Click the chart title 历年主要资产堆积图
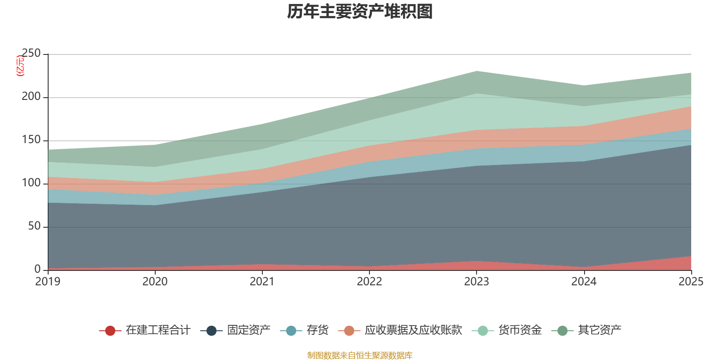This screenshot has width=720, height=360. (x=360, y=12)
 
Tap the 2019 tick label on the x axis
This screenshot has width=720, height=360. (x=48, y=282)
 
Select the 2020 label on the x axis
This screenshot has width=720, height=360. (x=155, y=282)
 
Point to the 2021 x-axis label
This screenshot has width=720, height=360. (x=262, y=282)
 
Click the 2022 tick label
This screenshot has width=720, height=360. (x=369, y=282)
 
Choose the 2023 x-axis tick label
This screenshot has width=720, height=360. (x=477, y=282)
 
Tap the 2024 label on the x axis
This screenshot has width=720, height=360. (x=584, y=282)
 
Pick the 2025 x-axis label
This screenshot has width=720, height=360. (x=691, y=282)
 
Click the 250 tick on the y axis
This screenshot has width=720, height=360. (x=31, y=54)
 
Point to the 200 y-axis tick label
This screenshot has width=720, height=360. (x=31, y=97)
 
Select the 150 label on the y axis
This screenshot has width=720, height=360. (x=31, y=140)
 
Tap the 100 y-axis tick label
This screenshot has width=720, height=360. (x=31, y=183)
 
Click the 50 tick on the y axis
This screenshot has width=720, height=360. (x=34, y=226)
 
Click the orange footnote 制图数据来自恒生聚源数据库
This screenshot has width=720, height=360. (x=360, y=355)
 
